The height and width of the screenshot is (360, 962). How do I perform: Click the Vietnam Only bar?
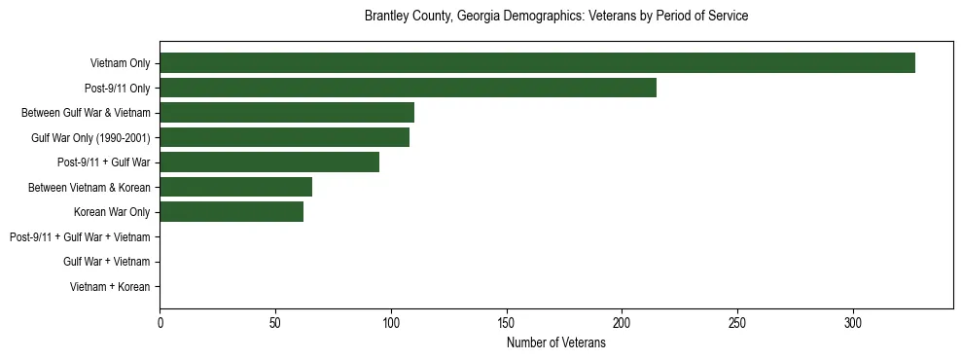[x=537, y=62]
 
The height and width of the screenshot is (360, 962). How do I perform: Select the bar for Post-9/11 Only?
[x=408, y=88]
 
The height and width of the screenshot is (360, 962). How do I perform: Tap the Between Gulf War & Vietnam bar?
[x=286, y=113]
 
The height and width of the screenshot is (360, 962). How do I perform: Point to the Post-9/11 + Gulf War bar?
[x=268, y=162]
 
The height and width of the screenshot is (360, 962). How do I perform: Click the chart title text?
[x=555, y=17]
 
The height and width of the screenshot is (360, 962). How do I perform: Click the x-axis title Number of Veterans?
[x=555, y=343]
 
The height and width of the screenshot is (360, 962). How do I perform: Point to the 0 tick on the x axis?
[x=160, y=323]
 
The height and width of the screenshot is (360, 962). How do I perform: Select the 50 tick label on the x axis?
[x=275, y=323]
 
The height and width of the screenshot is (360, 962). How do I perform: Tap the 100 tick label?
[x=391, y=323]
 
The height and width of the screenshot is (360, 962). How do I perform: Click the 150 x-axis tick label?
[x=506, y=323]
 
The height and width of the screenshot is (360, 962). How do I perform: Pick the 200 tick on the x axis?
[x=622, y=323]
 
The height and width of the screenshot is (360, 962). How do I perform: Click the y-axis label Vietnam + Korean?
[x=110, y=287]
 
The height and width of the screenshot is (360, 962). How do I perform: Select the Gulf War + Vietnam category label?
[x=106, y=262]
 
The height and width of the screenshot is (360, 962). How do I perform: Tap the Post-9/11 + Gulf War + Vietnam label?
[x=80, y=237]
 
